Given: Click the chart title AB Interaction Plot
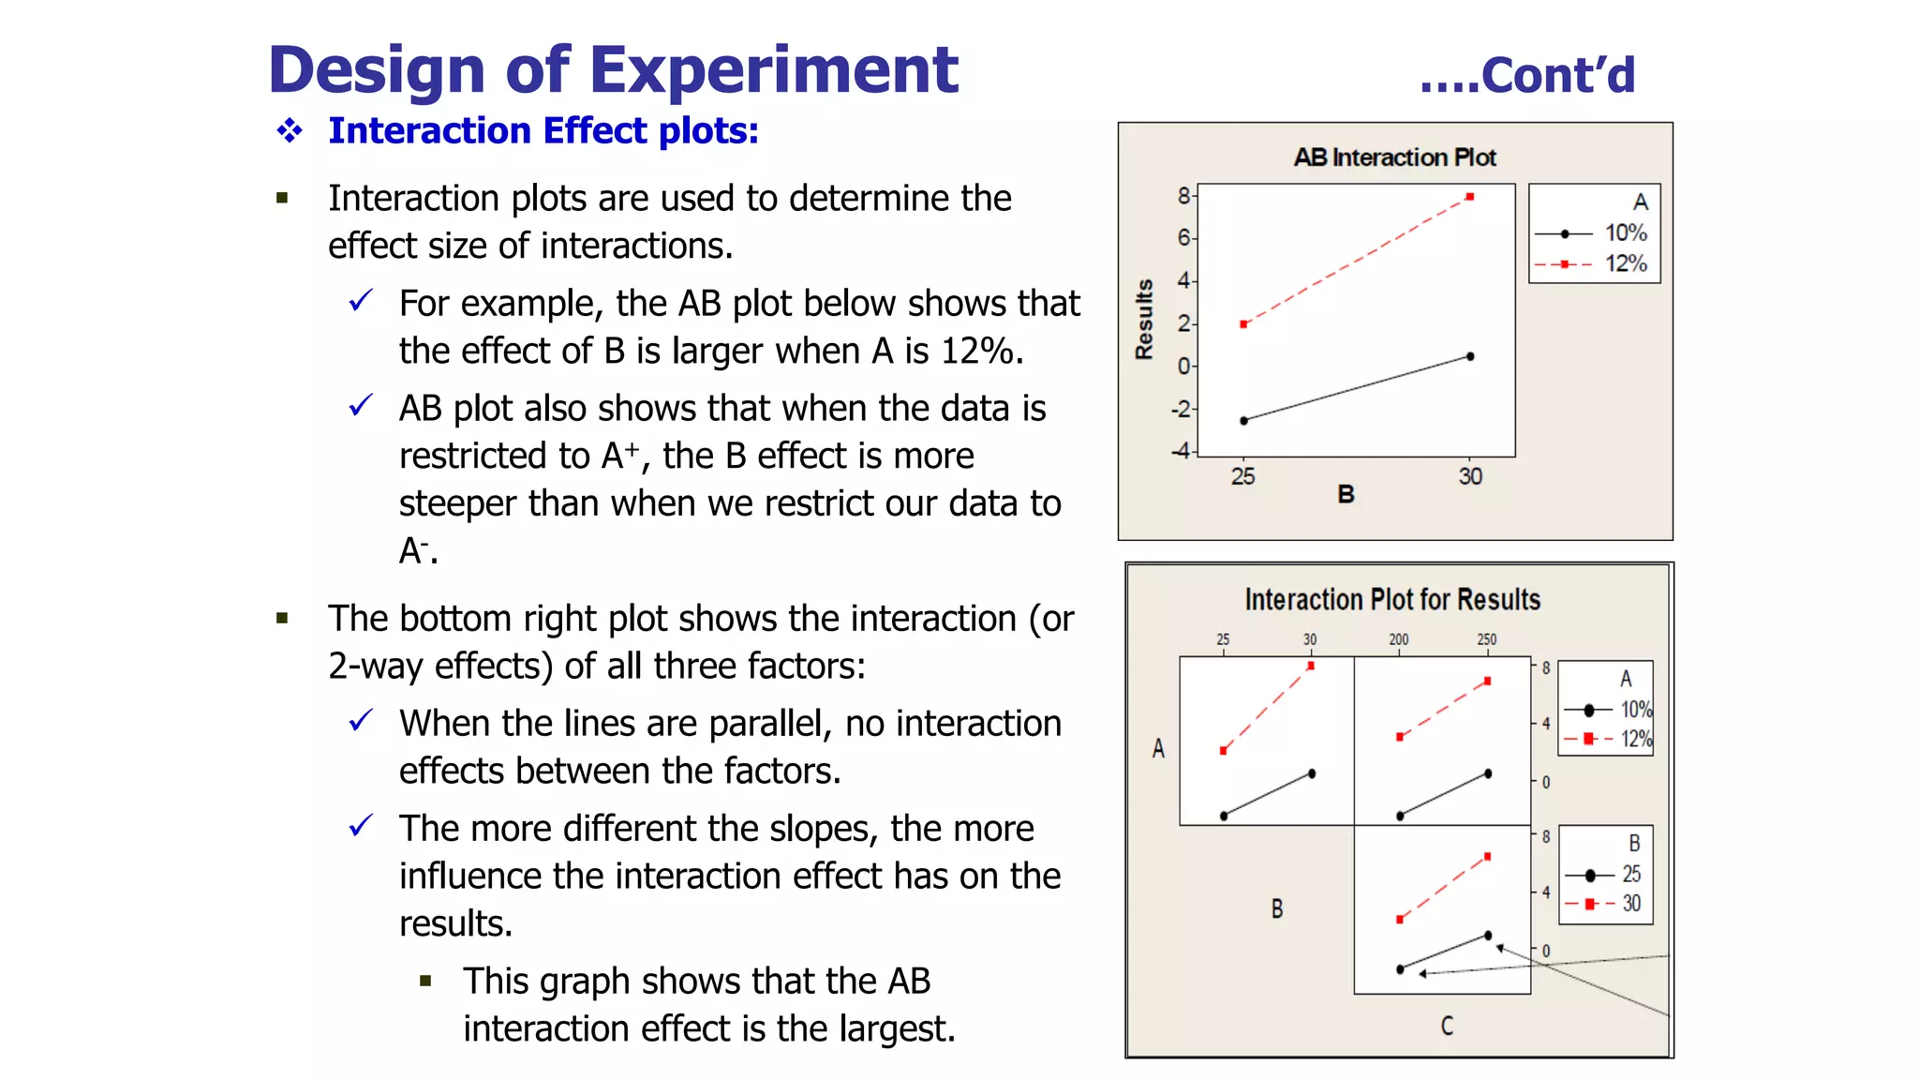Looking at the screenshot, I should click(x=1394, y=157).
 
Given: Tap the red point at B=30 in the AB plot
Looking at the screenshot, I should click(x=1470, y=197).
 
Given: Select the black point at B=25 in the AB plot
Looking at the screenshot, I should click(x=1244, y=421).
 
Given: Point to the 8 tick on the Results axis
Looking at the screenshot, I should click(x=1183, y=195).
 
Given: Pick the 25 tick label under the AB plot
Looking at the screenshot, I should click(x=1242, y=476).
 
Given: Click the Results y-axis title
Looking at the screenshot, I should click(x=1144, y=319).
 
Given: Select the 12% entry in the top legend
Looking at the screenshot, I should click(x=1625, y=263).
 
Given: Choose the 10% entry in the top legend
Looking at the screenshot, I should click(x=1625, y=232).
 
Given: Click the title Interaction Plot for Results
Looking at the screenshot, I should click(x=1392, y=599).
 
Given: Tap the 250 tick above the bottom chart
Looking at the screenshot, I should click(x=1487, y=639).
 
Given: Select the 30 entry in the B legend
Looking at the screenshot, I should click(x=1631, y=904).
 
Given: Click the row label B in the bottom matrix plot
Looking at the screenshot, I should click(x=1277, y=908).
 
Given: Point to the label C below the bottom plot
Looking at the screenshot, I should click(x=1447, y=1026).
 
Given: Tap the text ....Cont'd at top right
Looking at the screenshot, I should click(x=1527, y=75).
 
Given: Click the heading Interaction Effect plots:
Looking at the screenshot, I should click(x=543, y=130).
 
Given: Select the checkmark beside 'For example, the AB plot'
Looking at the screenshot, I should click(x=361, y=302).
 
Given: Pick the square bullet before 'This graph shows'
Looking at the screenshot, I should click(x=426, y=982).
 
